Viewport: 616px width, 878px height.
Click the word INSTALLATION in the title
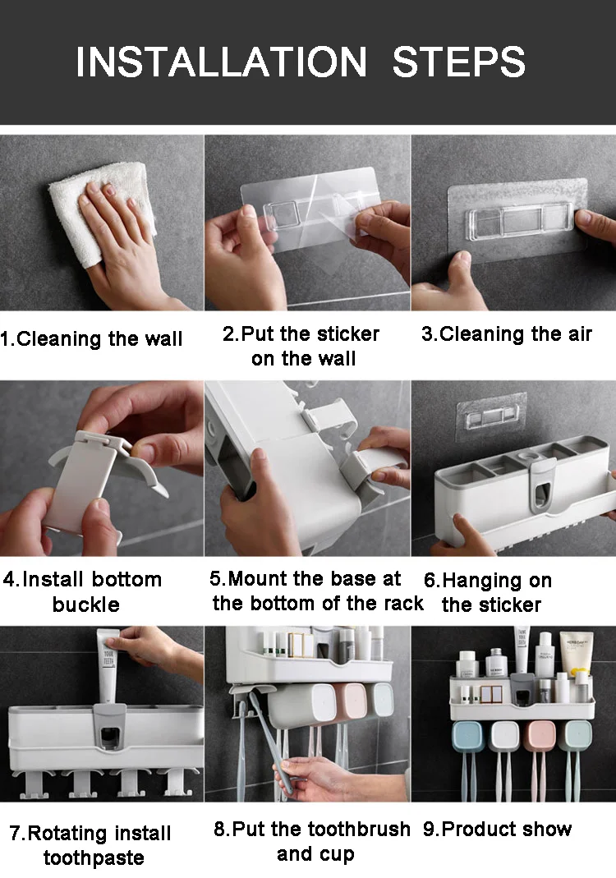(x=221, y=62)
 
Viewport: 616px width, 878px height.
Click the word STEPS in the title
(x=459, y=62)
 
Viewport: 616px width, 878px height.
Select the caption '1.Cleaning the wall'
(x=91, y=338)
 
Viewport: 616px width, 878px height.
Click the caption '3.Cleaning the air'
(x=507, y=333)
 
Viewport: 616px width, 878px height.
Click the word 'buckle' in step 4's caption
(x=85, y=604)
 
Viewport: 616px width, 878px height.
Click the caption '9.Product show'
(x=497, y=829)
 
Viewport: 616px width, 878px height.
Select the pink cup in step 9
(x=540, y=736)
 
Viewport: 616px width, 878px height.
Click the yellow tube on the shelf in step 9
(x=576, y=655)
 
